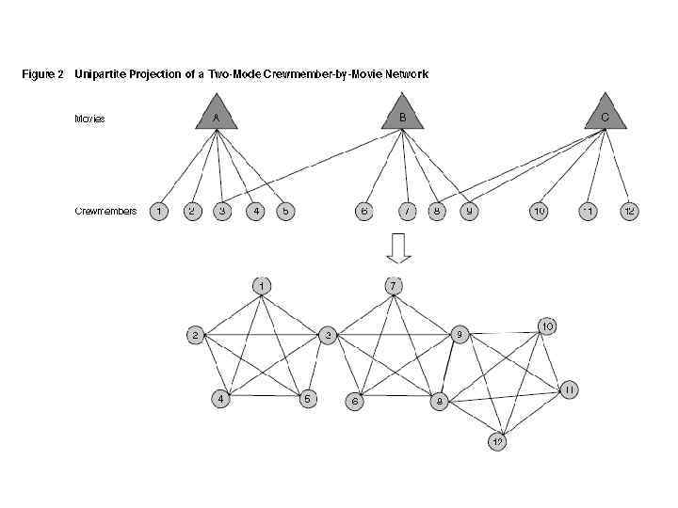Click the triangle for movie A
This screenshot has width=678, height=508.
pyautogui.click(x=217, y=116)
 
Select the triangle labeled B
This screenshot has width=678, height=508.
pyautogui.click(x=402, y=115)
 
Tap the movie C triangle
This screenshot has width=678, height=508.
pyautogui.click(x=605, y=116)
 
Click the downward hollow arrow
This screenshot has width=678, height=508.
pyautogui.click(x=398, y=247)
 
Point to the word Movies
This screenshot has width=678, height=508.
pyautogui.click(x=90, y=119)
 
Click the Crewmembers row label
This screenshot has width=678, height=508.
pyautogui.click(x=105, y=211)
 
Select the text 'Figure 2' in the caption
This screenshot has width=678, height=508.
pyautogui.click(x=43, y=74)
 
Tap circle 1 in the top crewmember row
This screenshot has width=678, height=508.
pyautogui.click(x=160, y=211)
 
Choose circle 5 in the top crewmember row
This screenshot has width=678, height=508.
pyautogui.click(x=284, y=211)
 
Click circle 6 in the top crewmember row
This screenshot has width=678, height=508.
pyautogui.click(x=363, y=211)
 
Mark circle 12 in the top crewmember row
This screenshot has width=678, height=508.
pyautogui.click(x=629, y=211)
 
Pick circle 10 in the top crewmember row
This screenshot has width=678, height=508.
pyautogui.click(x=539, y=211)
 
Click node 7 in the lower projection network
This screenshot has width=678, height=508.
pyautogui.click(x=394, y=284)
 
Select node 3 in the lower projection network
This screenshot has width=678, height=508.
pyautogui.click(x=328, y=334)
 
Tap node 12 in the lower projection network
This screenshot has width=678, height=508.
pyautogui.click(x=497, y=440)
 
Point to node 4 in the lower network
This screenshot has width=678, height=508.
pyautogui.click(x=220, y=399)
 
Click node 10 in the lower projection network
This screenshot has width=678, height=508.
pyautogui.click(x=547, y=326)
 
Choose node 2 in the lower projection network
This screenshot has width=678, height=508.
pyautogui.click(x=195, y=334)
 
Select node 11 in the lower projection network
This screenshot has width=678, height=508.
pyautogui.click(x=570, y=389)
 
